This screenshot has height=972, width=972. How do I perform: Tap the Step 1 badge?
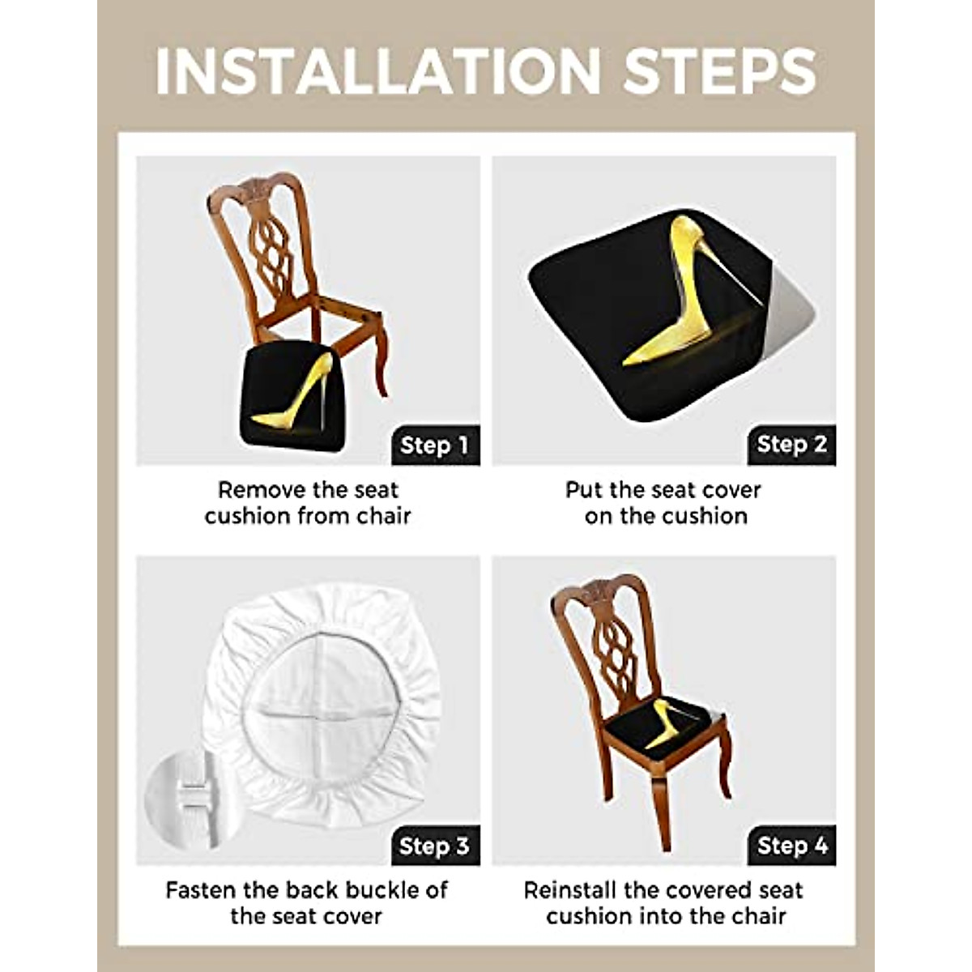(435, 445)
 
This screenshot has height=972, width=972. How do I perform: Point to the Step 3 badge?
(435, 846)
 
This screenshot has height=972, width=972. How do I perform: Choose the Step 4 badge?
(791, 846)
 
